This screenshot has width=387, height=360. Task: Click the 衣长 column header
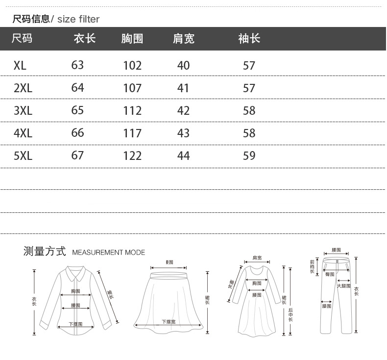(x=84, y=39)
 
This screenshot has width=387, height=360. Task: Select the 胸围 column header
(x=132, y=39)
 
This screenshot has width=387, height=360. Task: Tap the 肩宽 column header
(x=184, y=39)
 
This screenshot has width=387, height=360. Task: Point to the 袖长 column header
(x=249, y=39)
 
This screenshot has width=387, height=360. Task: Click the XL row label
(x=20, y=65)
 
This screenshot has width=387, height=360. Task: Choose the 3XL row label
(x=23, y=110)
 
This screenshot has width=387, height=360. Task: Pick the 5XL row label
(x=23, y=156)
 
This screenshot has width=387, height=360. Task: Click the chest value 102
(x=132, y=65)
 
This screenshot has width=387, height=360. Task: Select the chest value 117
(x=132, y=133)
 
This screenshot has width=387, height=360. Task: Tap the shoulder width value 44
(x=183, y=156)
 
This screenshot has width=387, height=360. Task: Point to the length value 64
(x=77, y=88)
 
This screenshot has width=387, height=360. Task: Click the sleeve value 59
(x=249, y=156)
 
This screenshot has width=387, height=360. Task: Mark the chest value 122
(x=132, y=156)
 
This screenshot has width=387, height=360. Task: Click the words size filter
(x=78, y=20)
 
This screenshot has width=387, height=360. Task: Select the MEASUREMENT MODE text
(x=109, y=253)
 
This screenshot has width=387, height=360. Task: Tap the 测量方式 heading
(x=44, y=252)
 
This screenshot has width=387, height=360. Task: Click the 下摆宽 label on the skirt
(x=169, y=322)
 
